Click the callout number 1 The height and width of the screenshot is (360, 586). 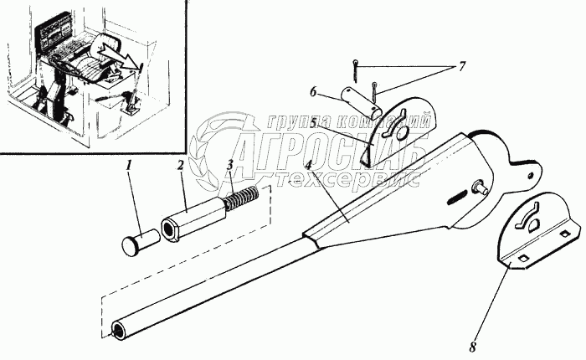(129, 167)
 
